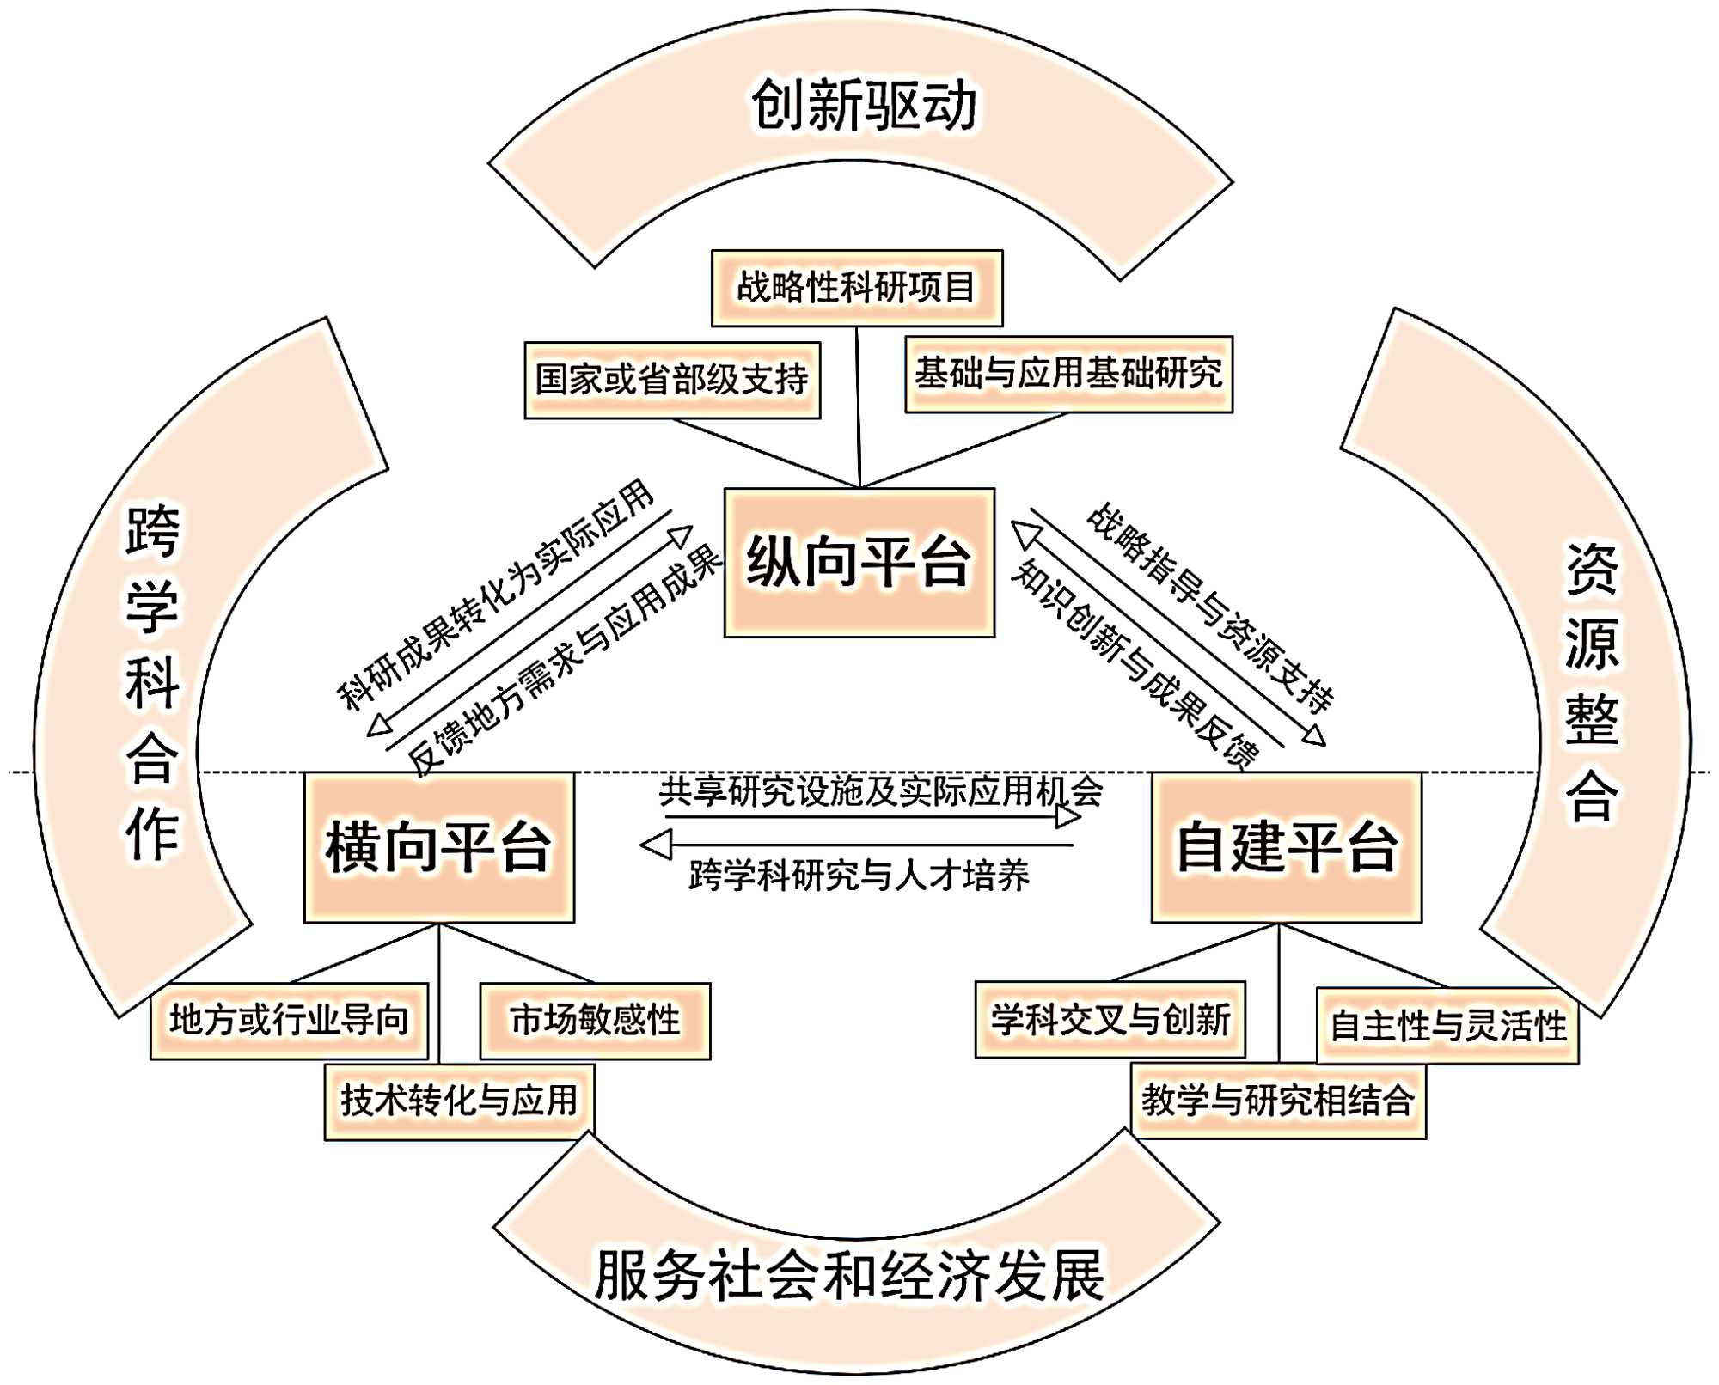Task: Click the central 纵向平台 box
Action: (859, 563)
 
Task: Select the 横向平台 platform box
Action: (438, 847)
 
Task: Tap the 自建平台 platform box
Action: (1286, 847)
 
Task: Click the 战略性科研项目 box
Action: (856, 288)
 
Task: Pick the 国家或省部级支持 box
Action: (672, 380)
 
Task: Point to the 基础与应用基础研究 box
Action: (1068, 374)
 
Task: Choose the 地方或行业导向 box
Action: (289, 1021)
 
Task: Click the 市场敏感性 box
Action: (595, 1021)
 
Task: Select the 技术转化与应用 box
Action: (459, 1101)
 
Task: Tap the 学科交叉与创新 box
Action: (1110, 1020)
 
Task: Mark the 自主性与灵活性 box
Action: (1447, 1026)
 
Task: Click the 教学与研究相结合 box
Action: (1278, 1101)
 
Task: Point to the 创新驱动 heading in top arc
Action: (864, 106)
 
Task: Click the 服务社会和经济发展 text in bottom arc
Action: (849, 1275)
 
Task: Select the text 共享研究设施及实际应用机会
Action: (880, 791)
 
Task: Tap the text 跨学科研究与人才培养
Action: (859, 876)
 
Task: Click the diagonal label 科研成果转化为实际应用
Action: (496, 595)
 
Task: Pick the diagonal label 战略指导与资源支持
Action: (1210, 607)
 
